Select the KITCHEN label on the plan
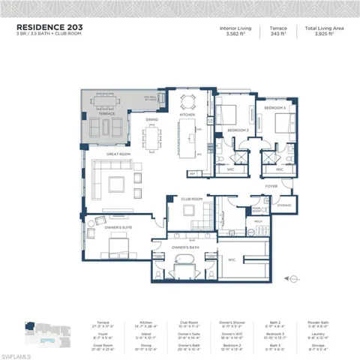coord(187,115)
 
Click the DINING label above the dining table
coord(151,119)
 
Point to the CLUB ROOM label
coord(191,199)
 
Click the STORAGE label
coord(283,203)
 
